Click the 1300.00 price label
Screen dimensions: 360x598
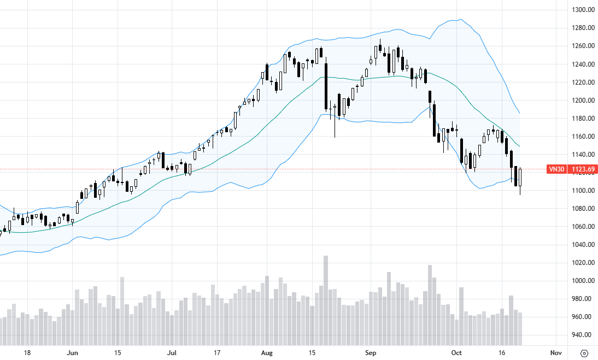pos(583,10)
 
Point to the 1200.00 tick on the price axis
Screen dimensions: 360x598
pos(583,101)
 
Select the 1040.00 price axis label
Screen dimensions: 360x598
pos(583,245)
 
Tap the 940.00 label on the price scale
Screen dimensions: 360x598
pos(583,335)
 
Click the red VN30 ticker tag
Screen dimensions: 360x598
pos(556,169)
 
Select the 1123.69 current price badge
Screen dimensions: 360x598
pos(583,169)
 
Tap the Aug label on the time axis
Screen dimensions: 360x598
pos(266,353)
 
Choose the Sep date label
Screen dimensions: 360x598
pos(370,353)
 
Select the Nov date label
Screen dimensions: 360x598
pos(556,353)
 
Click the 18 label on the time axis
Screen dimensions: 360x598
pos(26,353)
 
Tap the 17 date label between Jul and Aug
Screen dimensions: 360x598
pos(217,353)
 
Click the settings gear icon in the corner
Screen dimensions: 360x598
pos(584,353)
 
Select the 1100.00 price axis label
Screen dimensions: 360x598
pos(583,191)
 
